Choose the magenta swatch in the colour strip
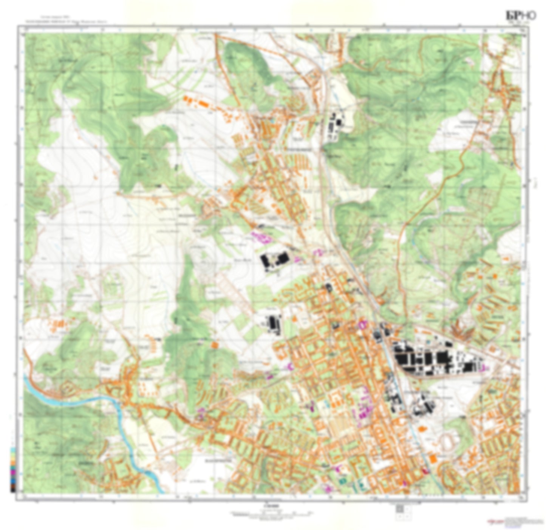click(x=13, y=472)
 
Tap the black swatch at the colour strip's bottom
click(x=13, y=490)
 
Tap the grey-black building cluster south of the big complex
click(x=421, y=406)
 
